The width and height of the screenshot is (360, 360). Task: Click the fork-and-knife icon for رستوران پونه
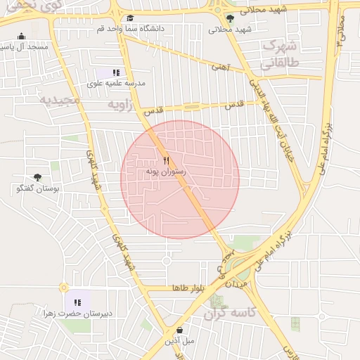coord(166,160)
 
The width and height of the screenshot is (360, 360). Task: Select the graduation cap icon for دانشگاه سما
coord(130,18)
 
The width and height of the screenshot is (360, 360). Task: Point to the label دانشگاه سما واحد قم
coord(131,29)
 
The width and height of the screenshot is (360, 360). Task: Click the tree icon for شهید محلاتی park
coord(230,19)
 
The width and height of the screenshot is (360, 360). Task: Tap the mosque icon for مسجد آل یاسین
coord(21,37)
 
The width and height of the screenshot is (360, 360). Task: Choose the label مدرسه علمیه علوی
coord(116,83)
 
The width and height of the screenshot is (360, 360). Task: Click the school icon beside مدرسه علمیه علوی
coord(116,72)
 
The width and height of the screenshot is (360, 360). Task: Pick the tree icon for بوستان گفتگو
coord(37,178)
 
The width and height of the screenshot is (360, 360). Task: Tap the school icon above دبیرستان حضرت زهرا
coord(77,302)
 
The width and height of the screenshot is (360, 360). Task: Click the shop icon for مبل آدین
coord(180,330)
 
